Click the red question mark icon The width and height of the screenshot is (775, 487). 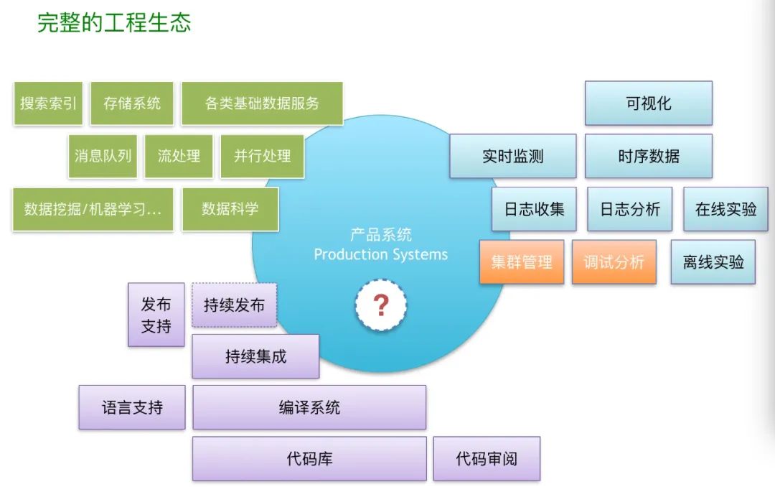(381, 305)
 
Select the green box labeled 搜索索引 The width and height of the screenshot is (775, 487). (48, 103)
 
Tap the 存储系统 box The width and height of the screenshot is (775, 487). (132, 103)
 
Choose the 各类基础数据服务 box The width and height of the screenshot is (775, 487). (262, 103)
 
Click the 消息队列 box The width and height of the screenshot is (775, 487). (103, 156)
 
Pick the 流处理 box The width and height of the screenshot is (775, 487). (179, 156)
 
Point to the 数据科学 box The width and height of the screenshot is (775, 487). (230, 209)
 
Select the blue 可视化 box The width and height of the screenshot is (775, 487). (648, 103)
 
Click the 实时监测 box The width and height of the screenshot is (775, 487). (512, 156)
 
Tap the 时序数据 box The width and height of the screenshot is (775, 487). (648, 156)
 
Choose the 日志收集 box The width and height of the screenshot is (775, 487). (534, 209)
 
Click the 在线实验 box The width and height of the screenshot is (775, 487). (725, 209)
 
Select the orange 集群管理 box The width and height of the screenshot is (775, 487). (522, 262)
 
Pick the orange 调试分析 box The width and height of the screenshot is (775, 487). (614, 262)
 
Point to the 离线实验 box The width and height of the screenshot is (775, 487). (713, 262)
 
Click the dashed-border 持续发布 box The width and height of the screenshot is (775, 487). (234, 305)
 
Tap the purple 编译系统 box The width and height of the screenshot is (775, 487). (309, 407)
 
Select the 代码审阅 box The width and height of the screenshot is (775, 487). (487, 458)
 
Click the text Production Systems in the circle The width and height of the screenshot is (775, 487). (380, 254)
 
